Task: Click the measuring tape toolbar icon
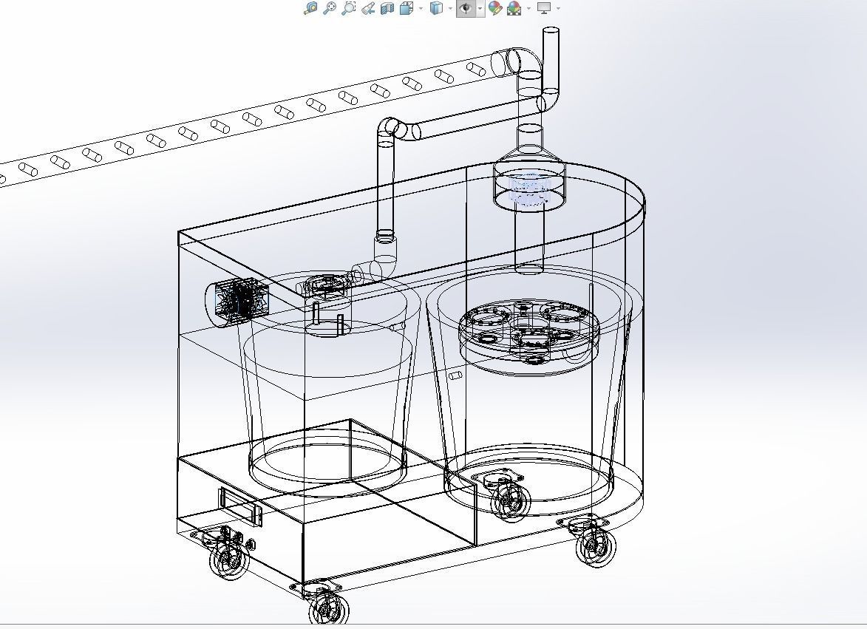[x=367, y=8]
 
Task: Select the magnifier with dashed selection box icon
[x=348, y=8]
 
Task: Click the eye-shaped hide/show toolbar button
[x=466, y=8]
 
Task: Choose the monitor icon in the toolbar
[x=544, y=8]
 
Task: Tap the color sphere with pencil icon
[x=495, y=8]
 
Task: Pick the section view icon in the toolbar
[x=387, y=8]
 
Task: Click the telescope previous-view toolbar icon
[x=330, y=8]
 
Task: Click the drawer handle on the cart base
[x=240, y=507]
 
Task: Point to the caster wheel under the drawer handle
[x=228, y=558]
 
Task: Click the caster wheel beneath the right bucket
[x=510, y=500]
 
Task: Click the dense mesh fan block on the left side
[x=238, y=301]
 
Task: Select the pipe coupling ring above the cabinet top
[x=385, y=237]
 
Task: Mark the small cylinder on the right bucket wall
[x=455, y=375]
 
